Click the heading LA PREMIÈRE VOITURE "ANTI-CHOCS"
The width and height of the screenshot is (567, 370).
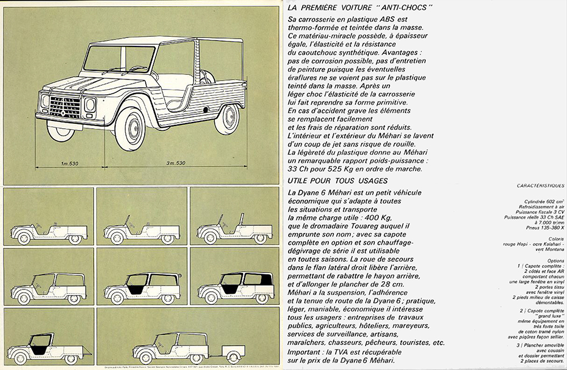[360, 7]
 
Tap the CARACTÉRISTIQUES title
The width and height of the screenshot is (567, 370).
[541, 186]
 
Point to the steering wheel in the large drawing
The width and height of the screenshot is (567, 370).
[139, 69]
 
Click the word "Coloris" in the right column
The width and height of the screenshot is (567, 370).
[556, 240]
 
